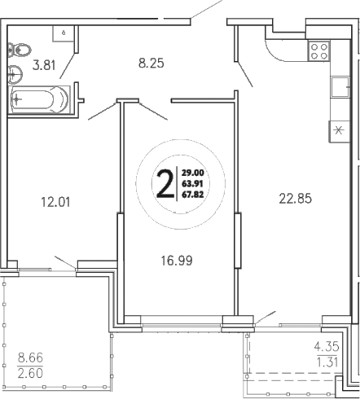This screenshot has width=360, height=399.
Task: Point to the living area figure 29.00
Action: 192,172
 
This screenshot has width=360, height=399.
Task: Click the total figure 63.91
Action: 192,183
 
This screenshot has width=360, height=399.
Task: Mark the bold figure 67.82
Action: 192,195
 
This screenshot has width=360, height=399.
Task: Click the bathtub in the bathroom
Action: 39,101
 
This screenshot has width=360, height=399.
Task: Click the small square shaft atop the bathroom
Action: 62,32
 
